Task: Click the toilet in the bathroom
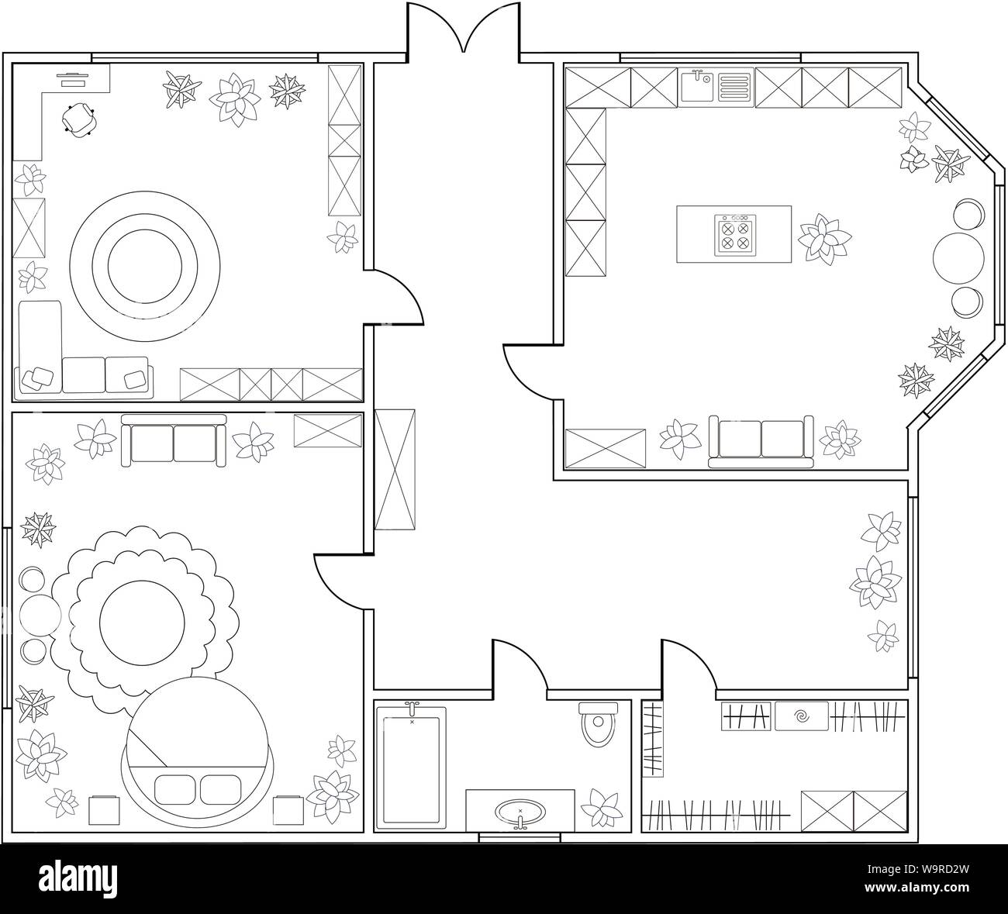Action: tap(598, 724)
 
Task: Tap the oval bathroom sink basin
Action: tap(520, 810)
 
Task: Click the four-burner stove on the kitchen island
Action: tap(735, 235)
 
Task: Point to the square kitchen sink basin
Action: tap(698, 88)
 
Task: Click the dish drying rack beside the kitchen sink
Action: tap(734, 88)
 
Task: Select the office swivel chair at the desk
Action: tap(79, 119)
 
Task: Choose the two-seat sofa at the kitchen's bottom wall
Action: tap(761, 441)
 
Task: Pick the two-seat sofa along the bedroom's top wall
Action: tap(174, 440)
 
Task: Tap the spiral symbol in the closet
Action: tap(801, 716)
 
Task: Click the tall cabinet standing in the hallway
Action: tap(395, 469)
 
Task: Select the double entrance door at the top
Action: tap(464, 30)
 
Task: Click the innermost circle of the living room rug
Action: tap(145, 267)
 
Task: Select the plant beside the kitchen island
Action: tap(824, 240)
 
